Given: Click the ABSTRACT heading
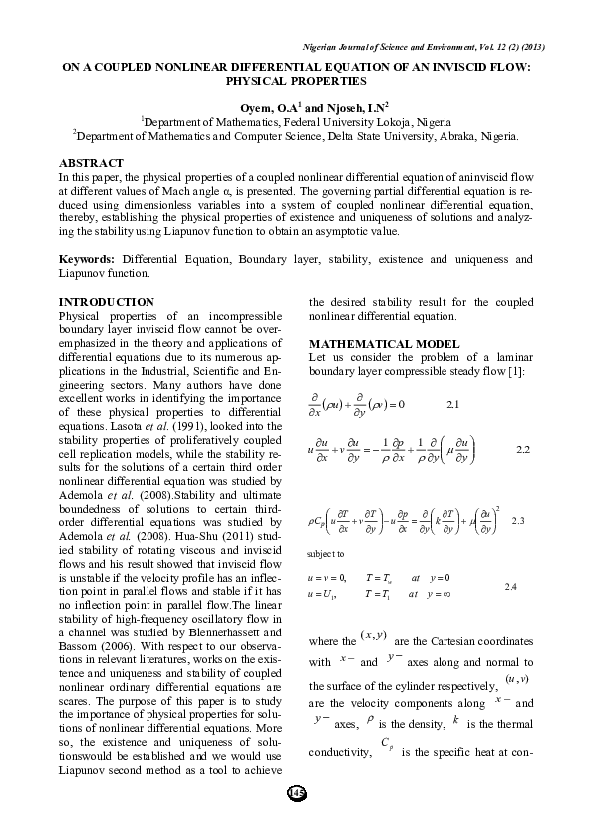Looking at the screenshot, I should [x=91, y=162].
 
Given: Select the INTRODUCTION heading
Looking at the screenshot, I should [x=105, y=301].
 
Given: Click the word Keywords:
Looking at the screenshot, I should [x=88, y=260].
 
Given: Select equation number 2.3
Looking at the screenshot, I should [x=517, y=521].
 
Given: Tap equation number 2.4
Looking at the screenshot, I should [x=510, y=586].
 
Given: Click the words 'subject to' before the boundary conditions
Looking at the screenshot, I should [x=326, y=552].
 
